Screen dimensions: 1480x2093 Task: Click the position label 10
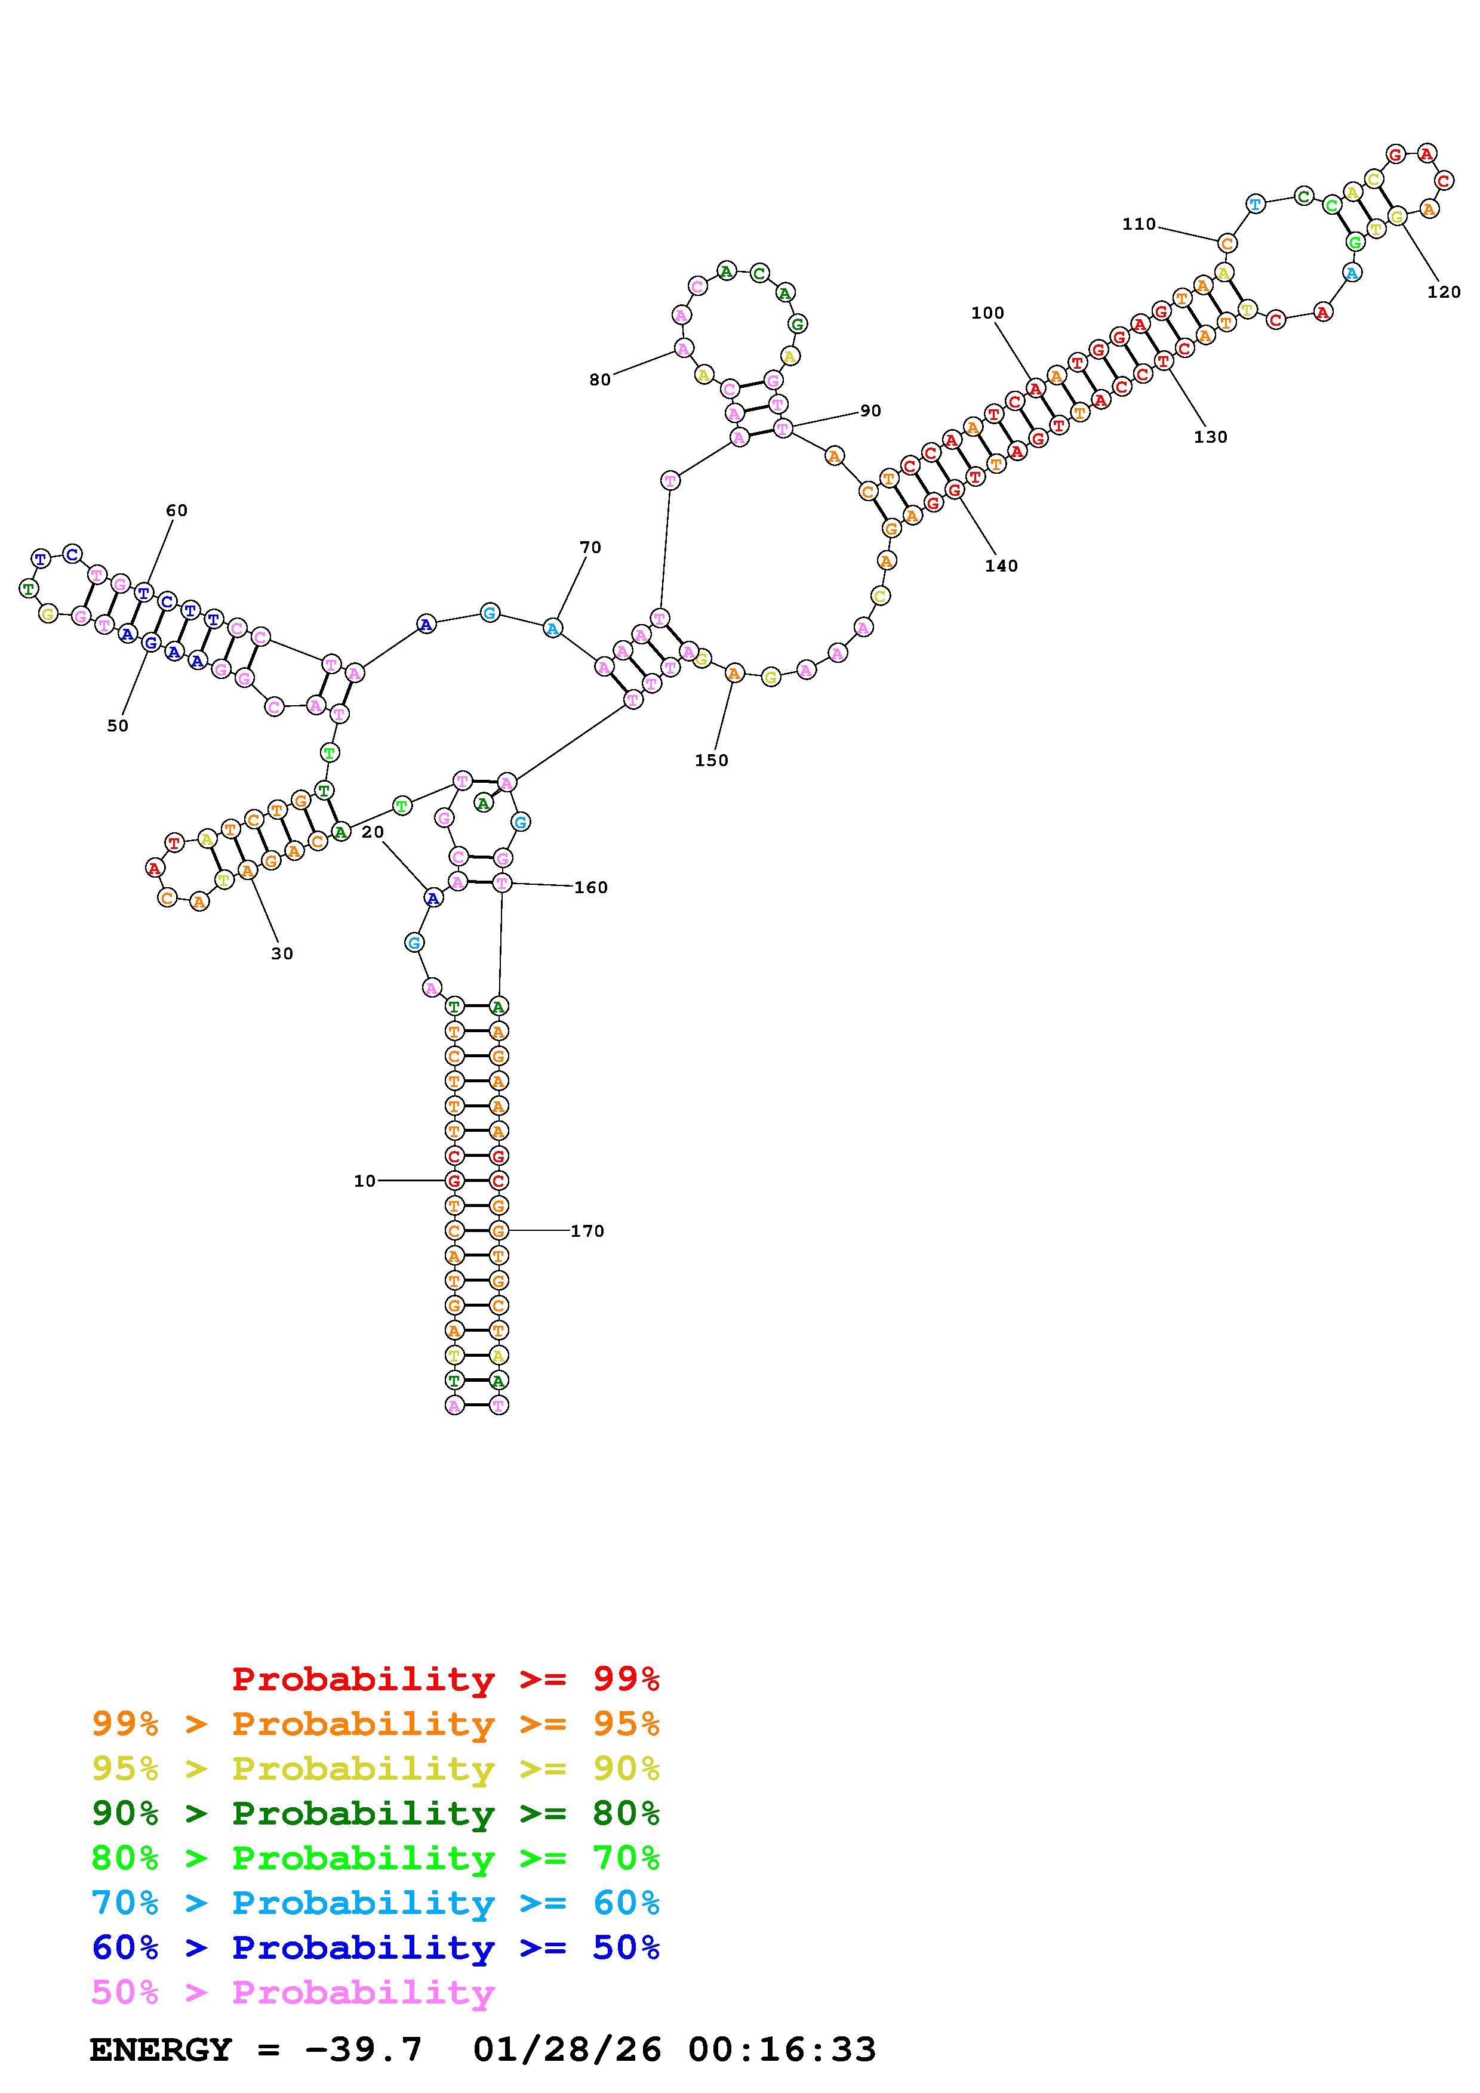pos(364,1181)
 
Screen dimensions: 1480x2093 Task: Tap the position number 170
pos(587,1231)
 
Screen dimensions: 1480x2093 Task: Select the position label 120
pos(1444,292)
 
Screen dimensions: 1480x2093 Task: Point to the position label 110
pos(1139,224)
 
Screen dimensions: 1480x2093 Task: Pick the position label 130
pos(1210,437)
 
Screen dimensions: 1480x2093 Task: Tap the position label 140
pos(1001,566)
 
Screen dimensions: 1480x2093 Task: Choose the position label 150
pos(711,761)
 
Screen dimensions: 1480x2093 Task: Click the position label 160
pos(591,888)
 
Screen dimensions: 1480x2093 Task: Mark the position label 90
pos(871,411)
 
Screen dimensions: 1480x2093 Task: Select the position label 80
pos(600,380)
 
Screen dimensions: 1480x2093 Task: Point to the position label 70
pos(591,548)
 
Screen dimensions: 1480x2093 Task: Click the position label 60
pos(177,511)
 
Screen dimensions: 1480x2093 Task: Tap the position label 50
pos(118,727)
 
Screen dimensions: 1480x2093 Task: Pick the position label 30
pos(282,955)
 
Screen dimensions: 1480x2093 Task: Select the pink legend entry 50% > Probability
pos(293,1993)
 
